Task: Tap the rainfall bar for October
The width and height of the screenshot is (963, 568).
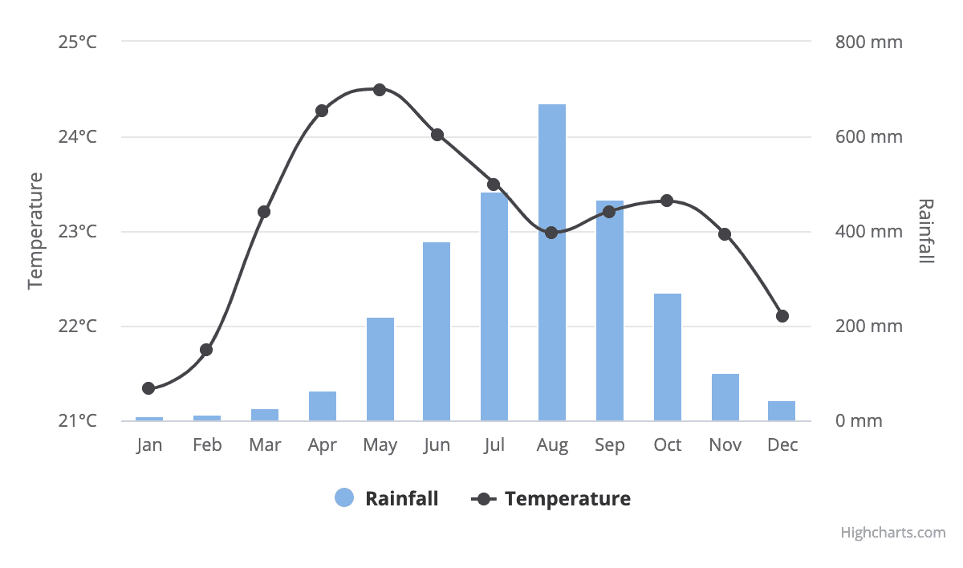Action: pos(668,357)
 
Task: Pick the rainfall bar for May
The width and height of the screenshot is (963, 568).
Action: pos(380,369)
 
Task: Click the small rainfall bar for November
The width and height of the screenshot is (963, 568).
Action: pos(725,397)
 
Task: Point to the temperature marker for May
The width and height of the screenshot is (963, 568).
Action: pos(380,89)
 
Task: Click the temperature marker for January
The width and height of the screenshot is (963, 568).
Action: pos(148,388)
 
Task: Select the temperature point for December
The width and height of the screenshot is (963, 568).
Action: pos(782,316)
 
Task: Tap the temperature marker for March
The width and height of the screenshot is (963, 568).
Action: pos(264,212)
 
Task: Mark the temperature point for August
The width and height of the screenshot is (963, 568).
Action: pos(551,233)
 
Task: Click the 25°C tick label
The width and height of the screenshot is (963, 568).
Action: pos(77,42)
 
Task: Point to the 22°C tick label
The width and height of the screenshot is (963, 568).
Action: pos(77,327)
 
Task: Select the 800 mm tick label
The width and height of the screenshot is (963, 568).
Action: pos(869,42)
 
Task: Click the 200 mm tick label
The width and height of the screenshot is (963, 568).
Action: pos(869,327)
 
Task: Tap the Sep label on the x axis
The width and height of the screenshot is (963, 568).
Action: pos(610,445)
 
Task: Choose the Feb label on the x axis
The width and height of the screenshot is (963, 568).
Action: pos(207,445)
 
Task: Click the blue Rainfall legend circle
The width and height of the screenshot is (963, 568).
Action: pos(344,498)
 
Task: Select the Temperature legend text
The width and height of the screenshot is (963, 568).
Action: pos(567,498)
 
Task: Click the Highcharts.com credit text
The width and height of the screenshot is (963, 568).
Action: pos(893,532)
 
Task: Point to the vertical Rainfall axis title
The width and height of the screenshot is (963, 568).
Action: pos(926,231)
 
